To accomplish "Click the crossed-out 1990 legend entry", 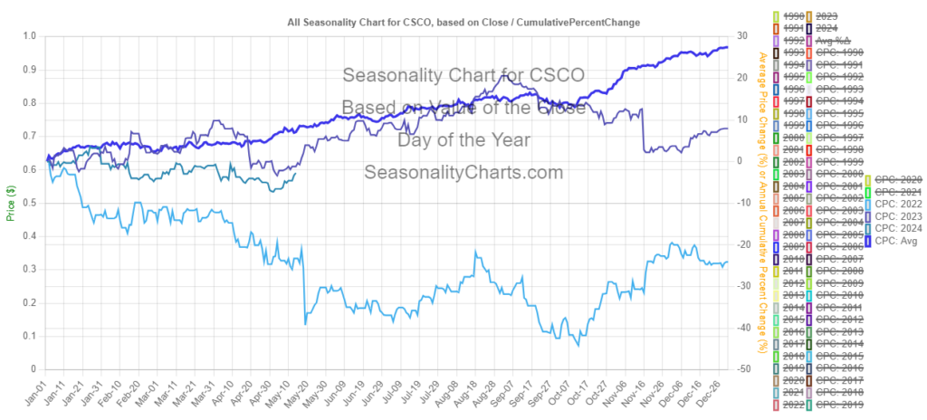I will pos(793,15).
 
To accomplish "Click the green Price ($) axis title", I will pos(11,203).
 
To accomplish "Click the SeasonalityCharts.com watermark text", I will pos(463,173).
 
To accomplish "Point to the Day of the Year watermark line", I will pos(463,140).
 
